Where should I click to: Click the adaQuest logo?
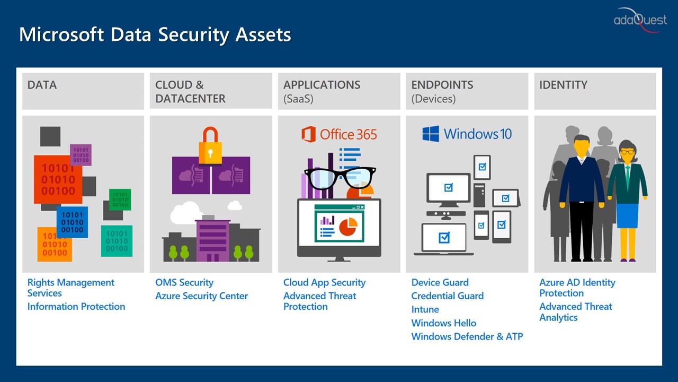click(640, 20)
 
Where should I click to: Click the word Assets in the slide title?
click(263, 34)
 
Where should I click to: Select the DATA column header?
click(42, 85)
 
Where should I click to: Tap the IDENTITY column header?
click(563, 85)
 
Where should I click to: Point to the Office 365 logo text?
click(349, 134)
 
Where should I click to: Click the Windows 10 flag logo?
click(431, 134)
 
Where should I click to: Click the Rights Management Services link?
click(71, 288)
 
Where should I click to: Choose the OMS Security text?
click(184, 283)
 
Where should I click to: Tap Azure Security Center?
click(202, 296)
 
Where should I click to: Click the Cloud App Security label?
click(325, 283)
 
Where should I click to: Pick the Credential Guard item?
click(448, 296)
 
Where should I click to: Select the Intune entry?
click(425, 309)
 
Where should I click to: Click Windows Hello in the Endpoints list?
click(444, 323)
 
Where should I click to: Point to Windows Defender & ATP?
click(467, 336)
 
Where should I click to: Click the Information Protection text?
click(76, 307)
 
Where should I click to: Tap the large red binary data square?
click(58, 179)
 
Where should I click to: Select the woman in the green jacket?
click(627, 200)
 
